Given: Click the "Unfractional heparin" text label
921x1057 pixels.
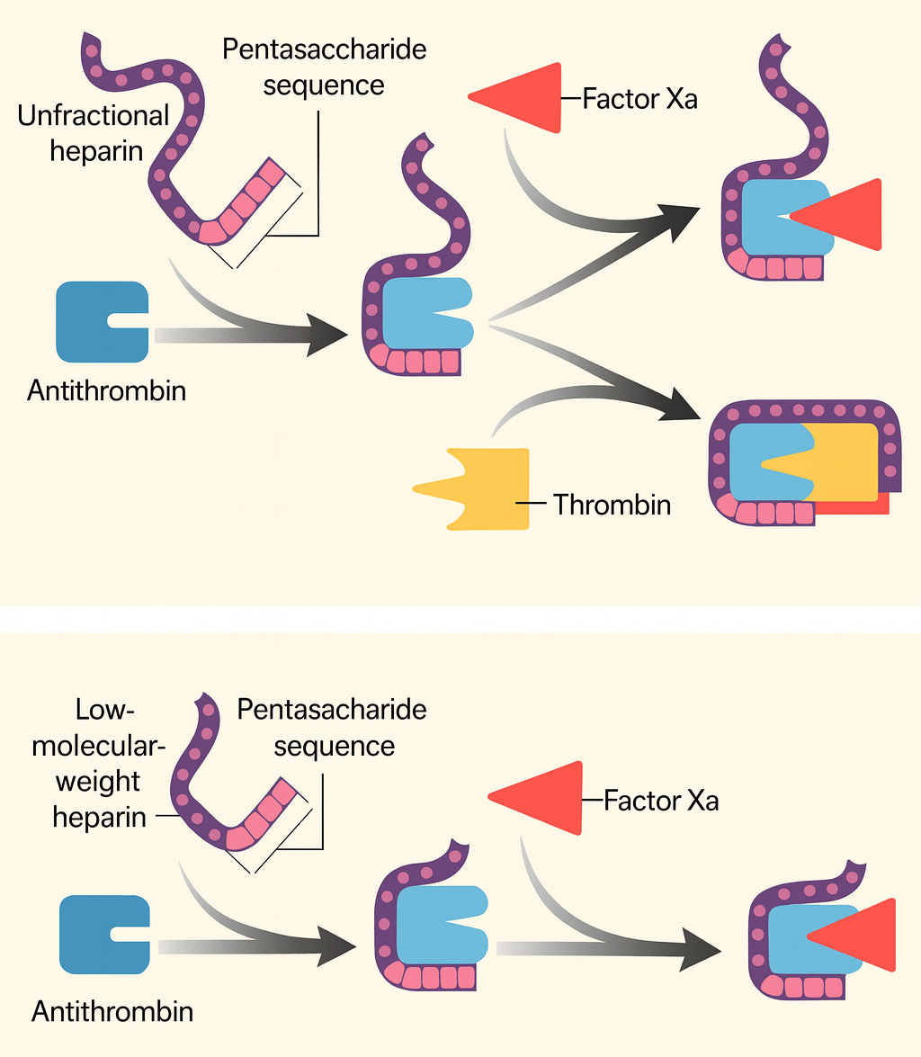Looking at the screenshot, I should coord(94,132).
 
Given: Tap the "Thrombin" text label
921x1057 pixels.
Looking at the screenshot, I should coord(612,505).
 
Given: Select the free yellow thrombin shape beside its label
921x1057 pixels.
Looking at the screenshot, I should coord(486,488).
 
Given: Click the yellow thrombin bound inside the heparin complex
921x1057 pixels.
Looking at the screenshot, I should coord(845,459).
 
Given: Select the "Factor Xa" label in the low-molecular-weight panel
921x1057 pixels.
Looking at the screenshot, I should coord(661,800).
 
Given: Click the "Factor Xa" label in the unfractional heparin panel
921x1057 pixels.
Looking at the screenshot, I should coord(639,98).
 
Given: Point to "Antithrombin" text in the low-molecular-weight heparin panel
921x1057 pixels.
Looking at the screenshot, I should coord(112,1011).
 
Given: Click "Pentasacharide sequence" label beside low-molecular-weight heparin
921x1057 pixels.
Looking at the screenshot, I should coord(332,728).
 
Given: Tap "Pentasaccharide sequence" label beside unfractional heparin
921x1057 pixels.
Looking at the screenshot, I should coord(325,67).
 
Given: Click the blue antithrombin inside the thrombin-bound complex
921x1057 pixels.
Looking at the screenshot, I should coord(765,463).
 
